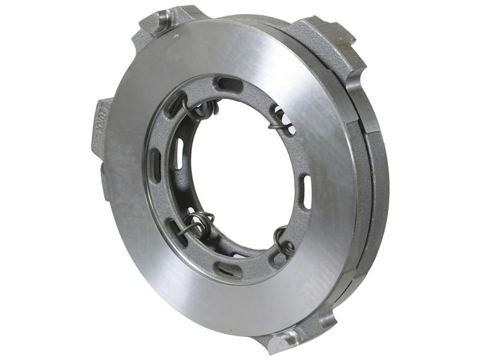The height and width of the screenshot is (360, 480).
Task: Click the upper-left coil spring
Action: [x=202, y=109]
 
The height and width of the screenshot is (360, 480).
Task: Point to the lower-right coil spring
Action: [x=283, y=240]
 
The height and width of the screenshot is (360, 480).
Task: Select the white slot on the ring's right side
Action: [x=305, y=191]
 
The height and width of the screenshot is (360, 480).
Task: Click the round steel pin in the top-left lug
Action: [x=163, y=23]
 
